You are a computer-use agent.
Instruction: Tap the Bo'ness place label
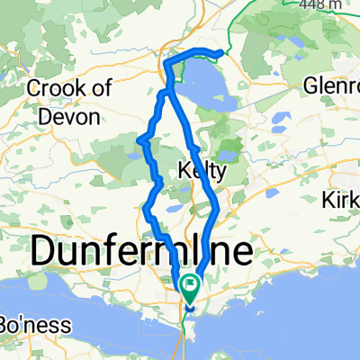pos(23,322)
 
